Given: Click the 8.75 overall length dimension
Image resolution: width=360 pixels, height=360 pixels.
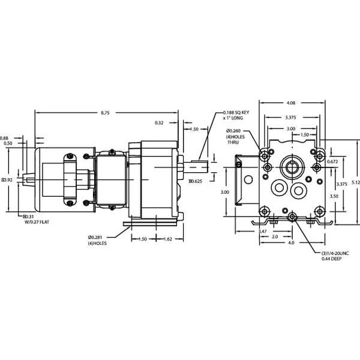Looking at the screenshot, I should click(105, 112).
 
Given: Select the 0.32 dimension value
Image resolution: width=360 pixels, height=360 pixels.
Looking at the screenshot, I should click(159, 123).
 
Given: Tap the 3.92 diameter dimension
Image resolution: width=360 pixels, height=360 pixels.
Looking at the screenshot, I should click(7, 179).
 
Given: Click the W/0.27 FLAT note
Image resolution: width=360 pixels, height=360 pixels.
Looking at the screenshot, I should click(36, 221).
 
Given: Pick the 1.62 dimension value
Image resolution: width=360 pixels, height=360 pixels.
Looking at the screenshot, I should click(169, 239).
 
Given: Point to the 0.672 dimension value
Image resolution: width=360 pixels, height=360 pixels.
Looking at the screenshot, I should click(334, 162).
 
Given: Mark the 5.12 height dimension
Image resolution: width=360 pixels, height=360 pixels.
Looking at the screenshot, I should click(355, 184).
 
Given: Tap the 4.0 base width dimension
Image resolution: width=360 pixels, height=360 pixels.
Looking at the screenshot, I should click(291, 244).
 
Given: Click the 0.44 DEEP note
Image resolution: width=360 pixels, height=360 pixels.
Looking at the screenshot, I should click(331, 259).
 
